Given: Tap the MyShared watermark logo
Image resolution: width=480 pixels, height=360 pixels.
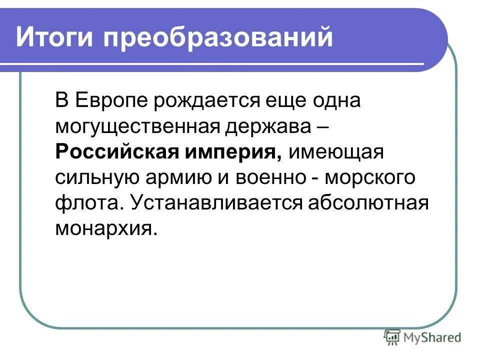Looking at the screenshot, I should tap(422, 337).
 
